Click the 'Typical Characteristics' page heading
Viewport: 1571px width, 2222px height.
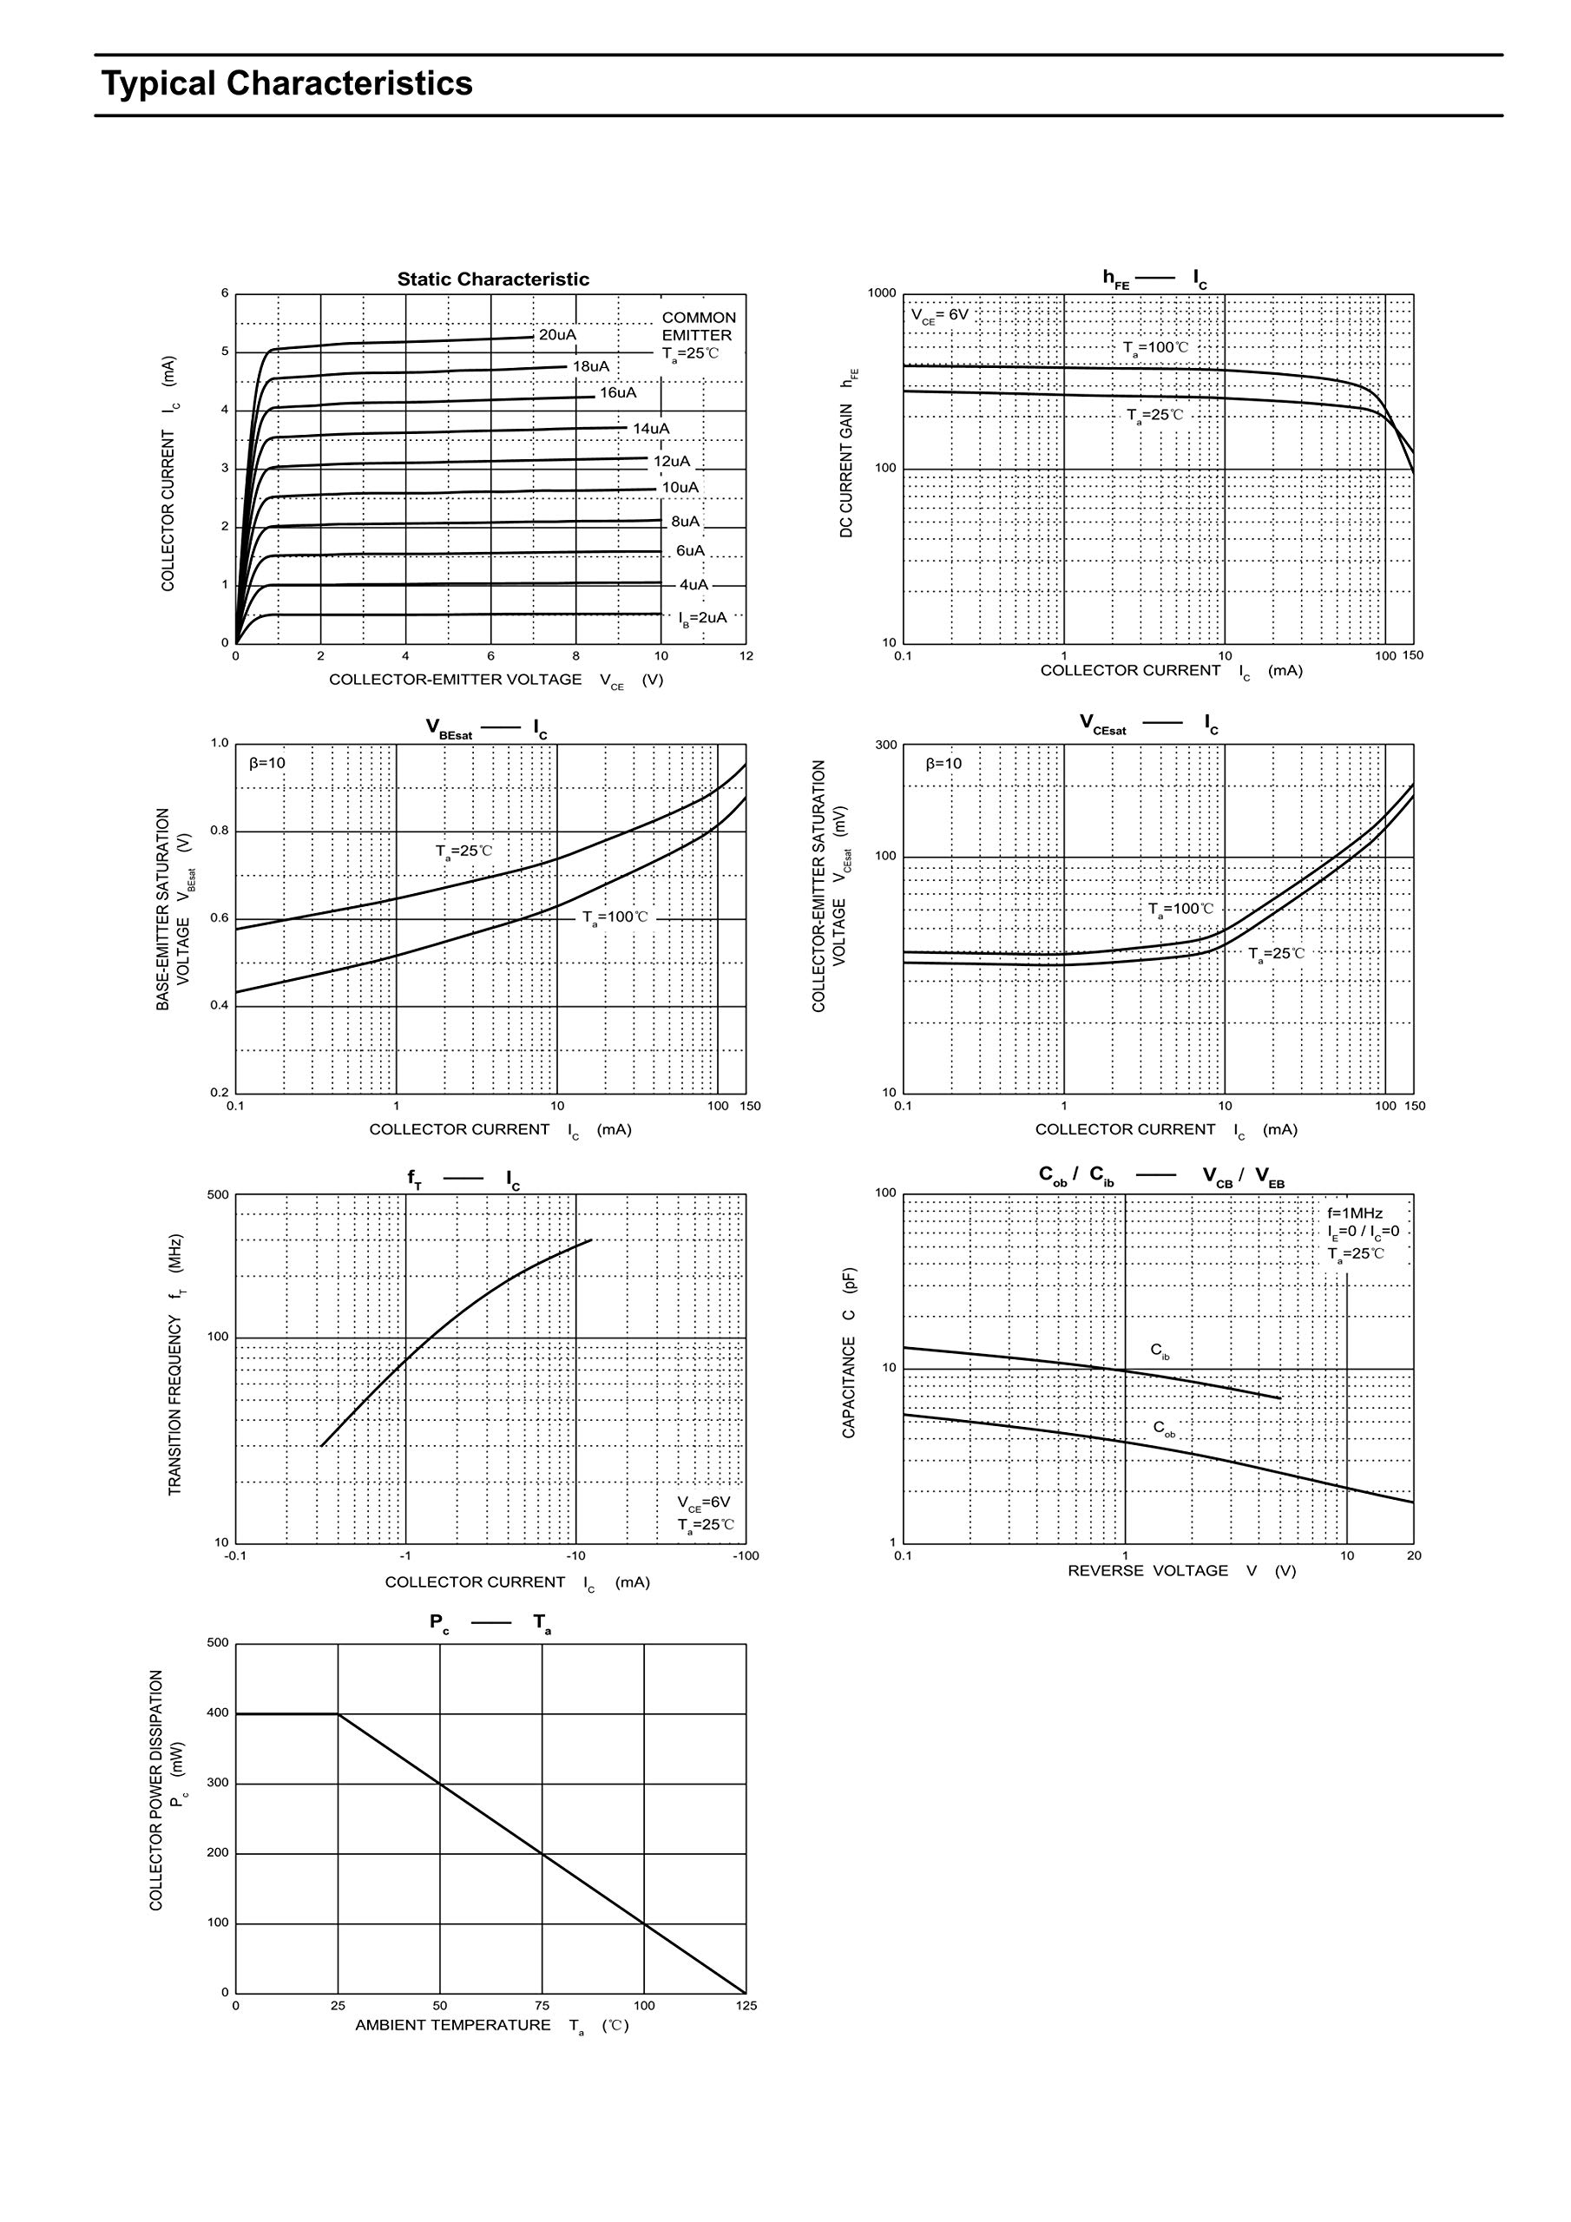point(286,84)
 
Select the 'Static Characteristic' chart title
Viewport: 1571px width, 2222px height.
point(493,279)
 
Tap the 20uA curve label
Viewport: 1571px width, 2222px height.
point(556,335)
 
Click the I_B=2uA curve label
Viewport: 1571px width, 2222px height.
point(702,617)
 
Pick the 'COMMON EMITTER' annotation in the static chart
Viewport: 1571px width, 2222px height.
point(698,326)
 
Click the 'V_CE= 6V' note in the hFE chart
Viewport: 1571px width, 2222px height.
point(939,315)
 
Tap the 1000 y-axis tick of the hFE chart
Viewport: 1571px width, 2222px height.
point(882,293)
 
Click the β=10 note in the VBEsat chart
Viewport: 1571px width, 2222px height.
point(267,763)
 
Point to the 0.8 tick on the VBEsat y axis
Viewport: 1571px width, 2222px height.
point(220,831)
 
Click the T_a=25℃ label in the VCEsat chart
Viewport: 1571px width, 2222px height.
point(1276,953)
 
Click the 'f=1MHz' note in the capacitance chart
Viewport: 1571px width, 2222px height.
point(1354,1213)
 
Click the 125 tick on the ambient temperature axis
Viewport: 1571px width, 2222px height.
point(746,2006)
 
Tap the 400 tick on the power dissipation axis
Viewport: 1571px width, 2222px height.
point(218,1713)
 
